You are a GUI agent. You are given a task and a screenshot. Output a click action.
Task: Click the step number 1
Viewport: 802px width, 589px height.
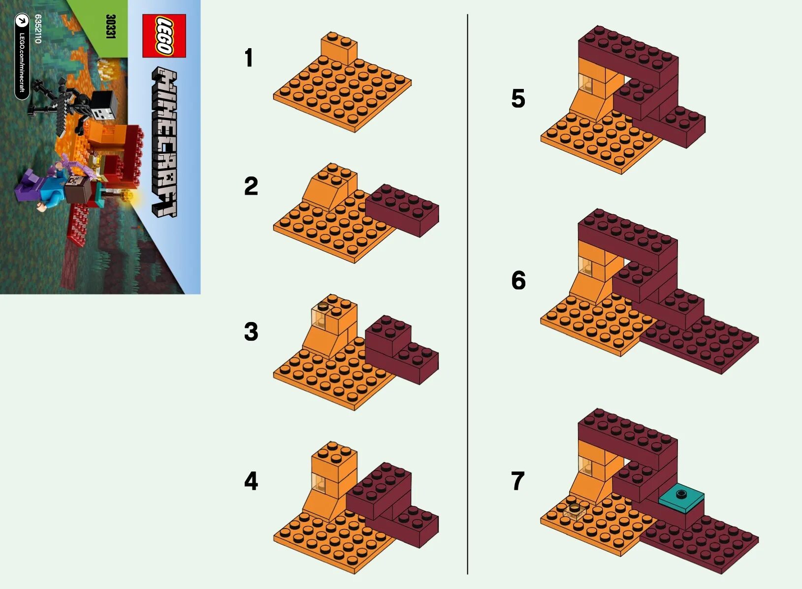point(249,58)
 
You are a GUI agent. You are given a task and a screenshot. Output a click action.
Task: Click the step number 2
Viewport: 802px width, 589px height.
point(251,186)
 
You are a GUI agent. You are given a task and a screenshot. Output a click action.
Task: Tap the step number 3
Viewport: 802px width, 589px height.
point(251,332)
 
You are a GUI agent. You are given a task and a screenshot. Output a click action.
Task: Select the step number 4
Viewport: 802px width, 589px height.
point(251,481)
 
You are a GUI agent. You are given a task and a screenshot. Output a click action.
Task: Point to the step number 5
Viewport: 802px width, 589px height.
point(518,99)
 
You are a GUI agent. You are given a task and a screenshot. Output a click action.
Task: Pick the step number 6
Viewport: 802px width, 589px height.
point(518,281)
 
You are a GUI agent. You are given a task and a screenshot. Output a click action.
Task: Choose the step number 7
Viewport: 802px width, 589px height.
point(518,481)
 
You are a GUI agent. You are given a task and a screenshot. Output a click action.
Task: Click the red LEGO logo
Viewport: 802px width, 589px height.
point(164,35)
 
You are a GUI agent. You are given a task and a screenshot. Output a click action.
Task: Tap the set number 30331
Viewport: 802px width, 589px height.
point(110,27)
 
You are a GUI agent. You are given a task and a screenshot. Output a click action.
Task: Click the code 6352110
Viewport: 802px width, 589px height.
point(38,29)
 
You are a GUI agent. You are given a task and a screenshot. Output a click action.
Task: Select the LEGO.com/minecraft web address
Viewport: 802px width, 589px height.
point(22,61)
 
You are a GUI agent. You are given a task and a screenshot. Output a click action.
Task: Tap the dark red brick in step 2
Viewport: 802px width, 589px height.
point(402,210)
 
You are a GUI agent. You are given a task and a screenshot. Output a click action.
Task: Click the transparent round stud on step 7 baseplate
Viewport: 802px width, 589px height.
point(573,510)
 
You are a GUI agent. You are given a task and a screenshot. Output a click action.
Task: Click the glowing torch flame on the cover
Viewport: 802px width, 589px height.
point(129,197)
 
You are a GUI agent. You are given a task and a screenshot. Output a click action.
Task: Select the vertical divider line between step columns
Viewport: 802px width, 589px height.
point(467,295)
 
